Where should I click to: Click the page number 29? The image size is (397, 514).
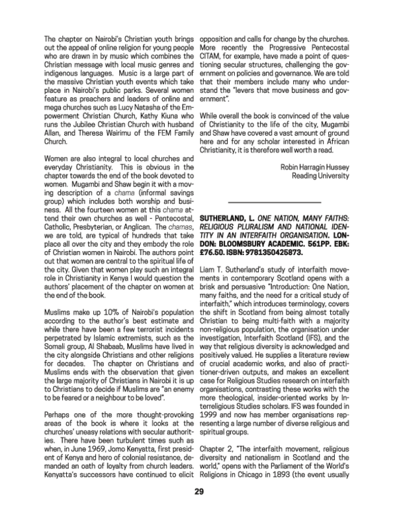coord(198,492)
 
